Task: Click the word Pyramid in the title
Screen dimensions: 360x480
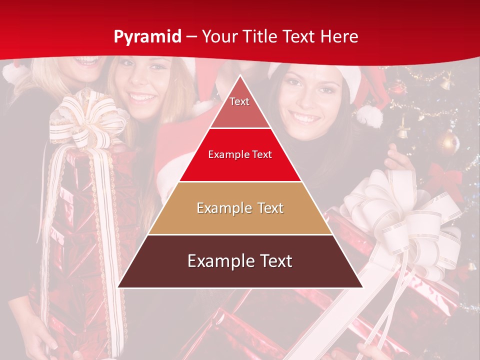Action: [147, 36]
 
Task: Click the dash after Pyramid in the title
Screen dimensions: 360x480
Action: [191, 37]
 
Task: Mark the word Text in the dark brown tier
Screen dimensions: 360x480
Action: [272, 261]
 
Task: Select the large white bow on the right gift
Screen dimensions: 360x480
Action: [400, 220]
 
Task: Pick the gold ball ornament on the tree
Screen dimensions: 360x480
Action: [447, 143]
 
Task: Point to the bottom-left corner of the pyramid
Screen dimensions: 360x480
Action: [118, 287]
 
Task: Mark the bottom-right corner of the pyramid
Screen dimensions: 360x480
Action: [362, 287]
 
